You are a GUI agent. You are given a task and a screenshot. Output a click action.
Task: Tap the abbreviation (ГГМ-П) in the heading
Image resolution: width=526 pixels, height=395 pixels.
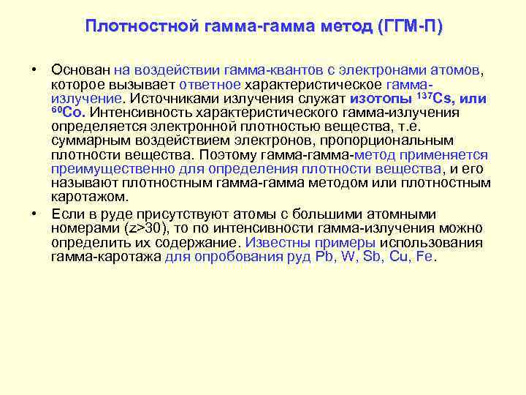[411, 27]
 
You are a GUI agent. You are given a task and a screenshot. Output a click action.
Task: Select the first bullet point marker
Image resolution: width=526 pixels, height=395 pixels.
[34, 70]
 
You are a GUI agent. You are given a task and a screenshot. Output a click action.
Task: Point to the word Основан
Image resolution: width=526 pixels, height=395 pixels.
[80, 70]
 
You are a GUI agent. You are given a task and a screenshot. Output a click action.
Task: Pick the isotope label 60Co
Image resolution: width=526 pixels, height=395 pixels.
[68, 113]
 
